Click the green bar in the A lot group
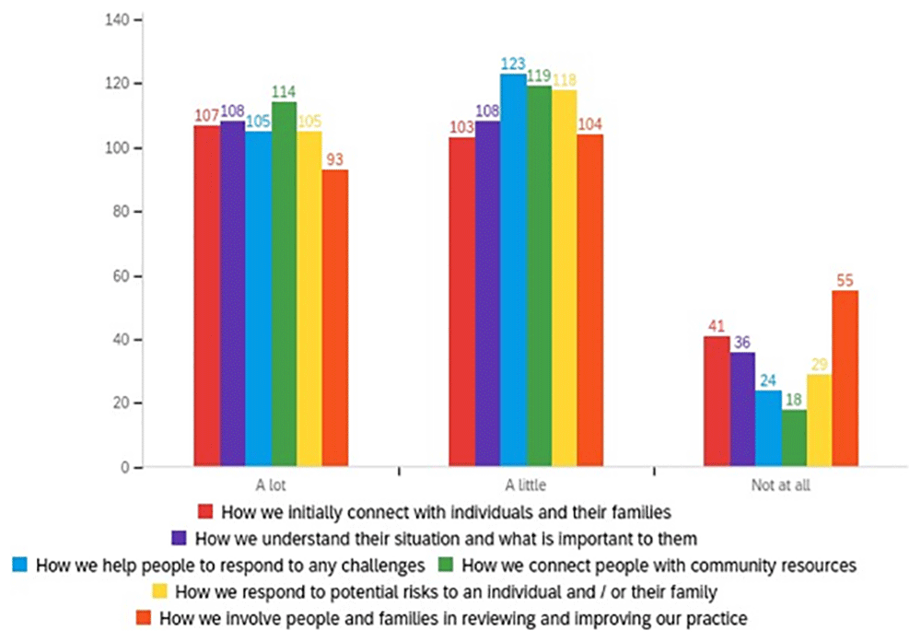pos(285,285)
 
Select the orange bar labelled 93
pos(335,319)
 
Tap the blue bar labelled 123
pos(513,270)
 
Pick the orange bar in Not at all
pos(845,379)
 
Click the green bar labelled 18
pos(794,438)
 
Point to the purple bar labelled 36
pos(743,409)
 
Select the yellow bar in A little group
pos(565,278)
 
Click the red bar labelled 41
pos(717,402)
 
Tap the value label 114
pos(284,92)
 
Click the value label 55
pos(845,281)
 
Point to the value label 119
pos(539,76)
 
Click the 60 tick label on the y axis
pos(121,276)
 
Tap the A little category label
pos(526,485)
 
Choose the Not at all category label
pos(781,485)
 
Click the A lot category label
pos(271,485)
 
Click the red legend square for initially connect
pos(205,511)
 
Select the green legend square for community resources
pos(446,565)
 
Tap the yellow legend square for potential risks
pos(159,591)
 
